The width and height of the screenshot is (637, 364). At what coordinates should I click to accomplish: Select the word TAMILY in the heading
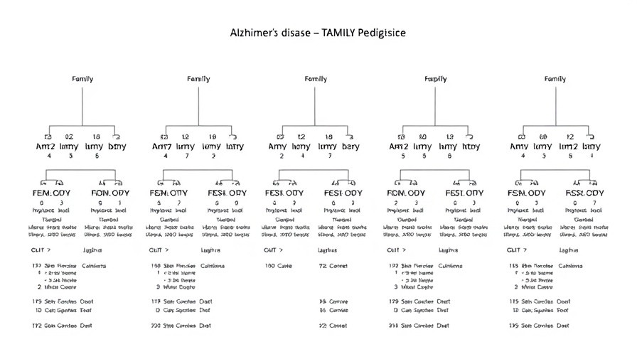click(x=345, y=33)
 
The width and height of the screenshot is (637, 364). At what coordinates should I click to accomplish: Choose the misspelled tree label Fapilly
click(x=436, y=79)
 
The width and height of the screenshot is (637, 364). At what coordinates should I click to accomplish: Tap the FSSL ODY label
click(x=582, y=193)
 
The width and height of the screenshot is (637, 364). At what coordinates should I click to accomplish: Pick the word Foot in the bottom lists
click(x=563, y=310)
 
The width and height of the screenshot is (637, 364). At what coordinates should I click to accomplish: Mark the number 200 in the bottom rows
click(x=156, y=326)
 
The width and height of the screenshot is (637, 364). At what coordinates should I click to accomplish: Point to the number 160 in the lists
click(x=156, y=266)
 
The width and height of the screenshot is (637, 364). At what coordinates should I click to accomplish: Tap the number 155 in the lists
click(x=513, y=266)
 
